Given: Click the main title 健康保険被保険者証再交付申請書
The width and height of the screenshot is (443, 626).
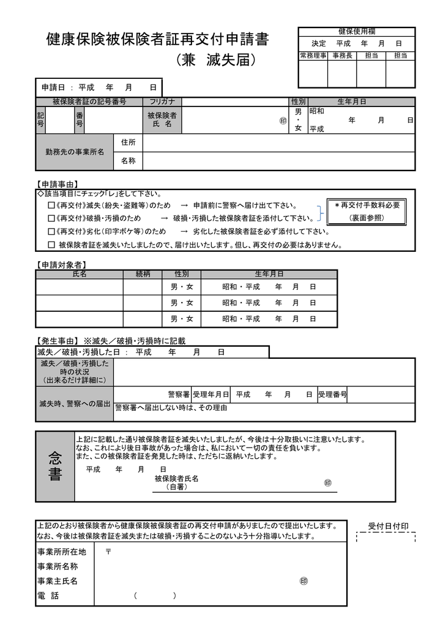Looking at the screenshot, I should pyautogui.click(x=157, y=41).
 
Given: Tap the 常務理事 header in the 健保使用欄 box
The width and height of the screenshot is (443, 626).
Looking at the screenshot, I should pyautogui.click(x=313, y=56).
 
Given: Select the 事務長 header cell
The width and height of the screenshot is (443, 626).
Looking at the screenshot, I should pyautogui.click(x=342, y=56).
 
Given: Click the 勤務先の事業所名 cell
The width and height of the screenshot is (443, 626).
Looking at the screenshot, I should pyautogui.click(x=75, y=151).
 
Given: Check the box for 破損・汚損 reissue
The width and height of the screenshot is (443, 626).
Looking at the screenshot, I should pyautogui.click(x=51, y=218).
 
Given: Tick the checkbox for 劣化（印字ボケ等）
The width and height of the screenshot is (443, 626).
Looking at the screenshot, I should pyautogui.click(x=51, y=232).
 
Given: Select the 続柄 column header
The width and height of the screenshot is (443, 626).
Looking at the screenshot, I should pyautogui.click(x=142, y=274).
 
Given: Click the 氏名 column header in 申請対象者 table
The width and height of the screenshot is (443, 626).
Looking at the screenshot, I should pyautogui.click(x=80, y=274).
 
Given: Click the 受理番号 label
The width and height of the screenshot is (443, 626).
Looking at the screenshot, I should pyautogui.click(x=332, y=395).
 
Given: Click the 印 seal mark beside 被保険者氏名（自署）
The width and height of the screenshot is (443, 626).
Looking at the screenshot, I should pyautogui.click(x=328, y=483).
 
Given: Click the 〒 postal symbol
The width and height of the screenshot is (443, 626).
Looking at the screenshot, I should pyautogui.click(x=108, y=551).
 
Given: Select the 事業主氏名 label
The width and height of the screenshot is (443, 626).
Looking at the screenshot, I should pyautogui.click(x=58, y=581).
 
